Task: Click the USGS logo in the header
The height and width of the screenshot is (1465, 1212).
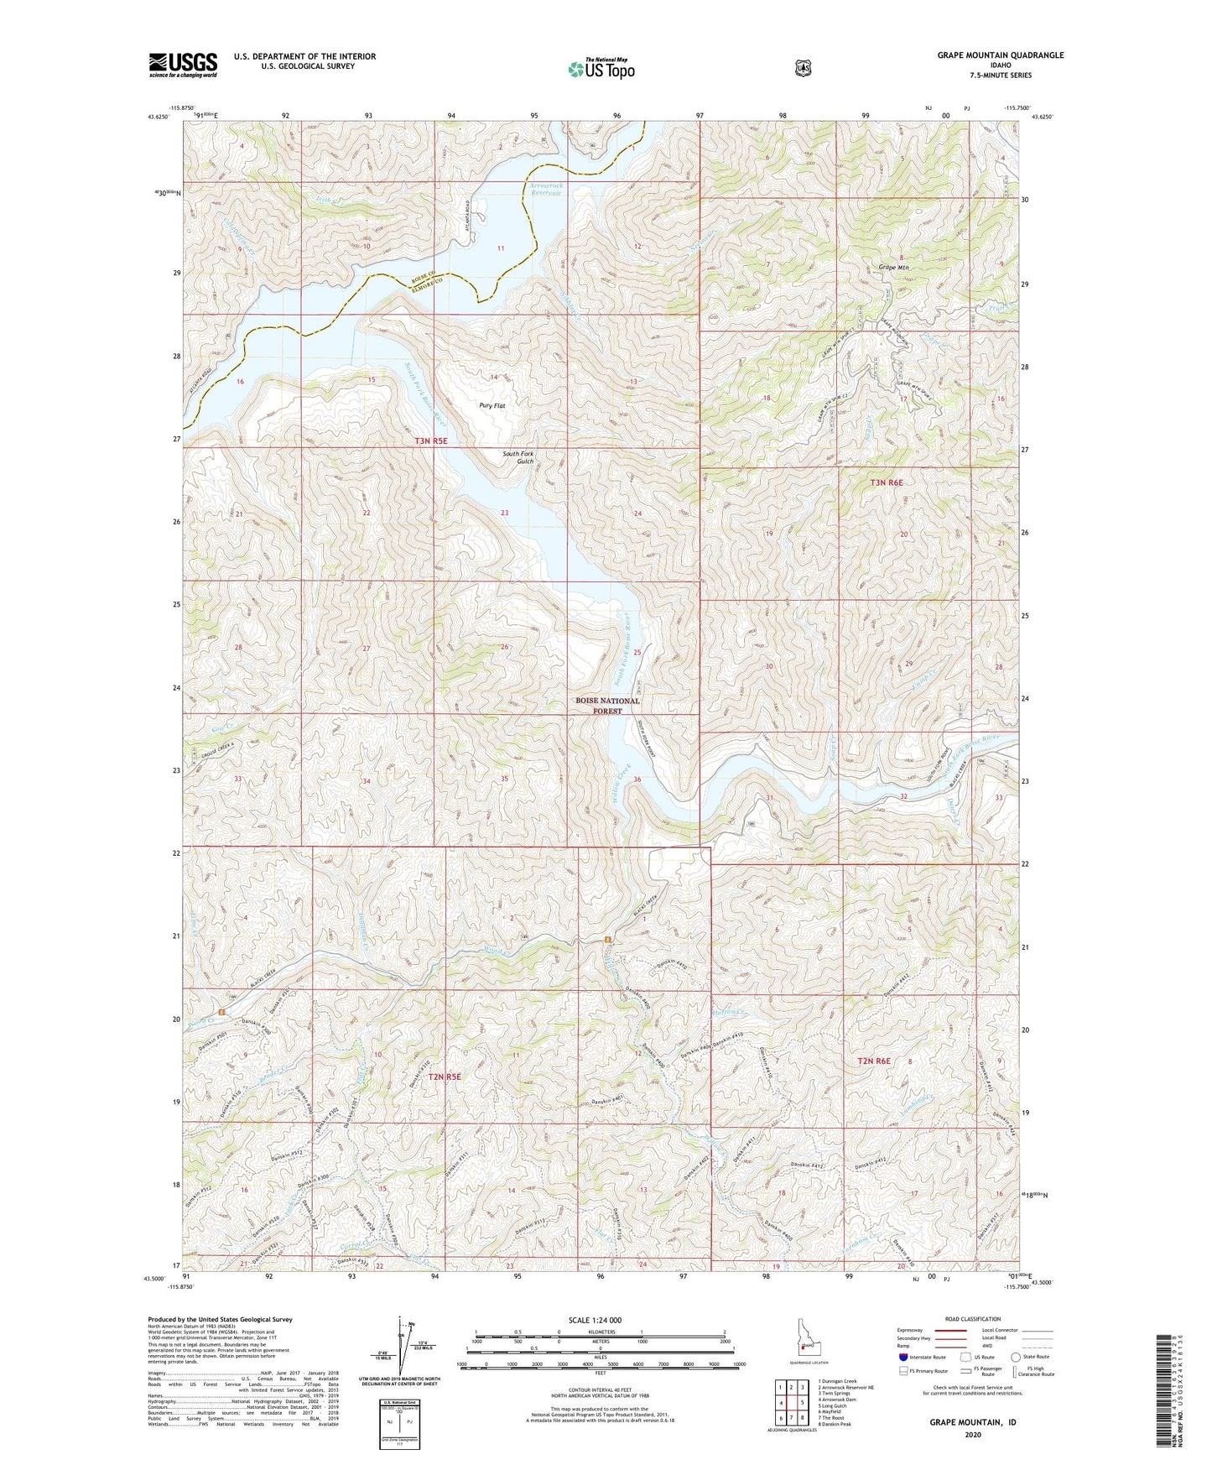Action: pos(183,65)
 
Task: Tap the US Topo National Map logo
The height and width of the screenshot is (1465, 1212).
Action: pos(600,68)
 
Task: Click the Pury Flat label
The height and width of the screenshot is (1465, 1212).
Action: pos(492,405)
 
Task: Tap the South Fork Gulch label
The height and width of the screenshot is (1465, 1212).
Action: pos(518,457)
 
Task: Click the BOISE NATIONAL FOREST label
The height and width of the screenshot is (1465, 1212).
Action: pos(607,706)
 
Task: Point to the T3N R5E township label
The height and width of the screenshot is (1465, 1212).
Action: pos(431,441)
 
